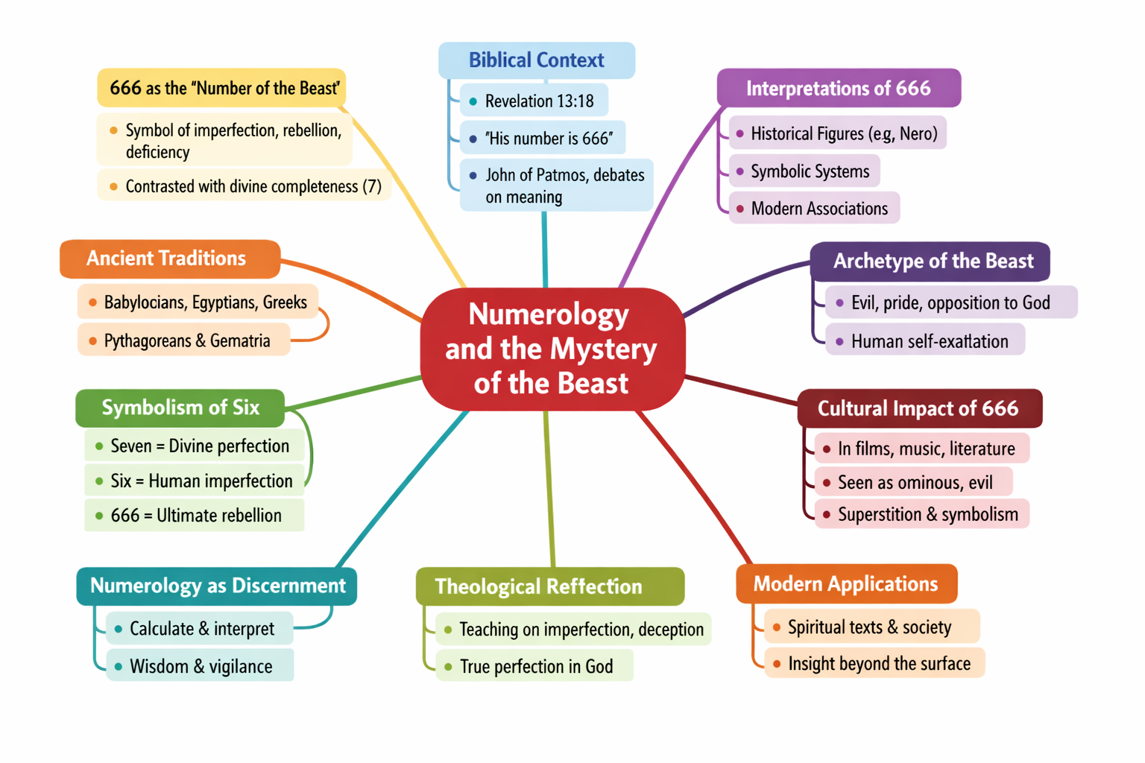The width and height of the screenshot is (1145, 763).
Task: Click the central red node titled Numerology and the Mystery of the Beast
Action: tap(552, 349)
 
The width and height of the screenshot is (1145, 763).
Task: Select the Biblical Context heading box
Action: tap(536, 60)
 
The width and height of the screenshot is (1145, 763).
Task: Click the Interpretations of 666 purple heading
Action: tap(838, 89)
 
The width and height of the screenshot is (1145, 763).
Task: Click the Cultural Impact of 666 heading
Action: tap(918, 408)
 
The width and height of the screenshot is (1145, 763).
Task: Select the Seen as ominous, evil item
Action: tap(914, 483)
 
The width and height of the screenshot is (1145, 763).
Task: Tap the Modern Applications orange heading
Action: tap(845, 584)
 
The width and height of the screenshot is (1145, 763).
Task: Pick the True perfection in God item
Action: tap(535, 666)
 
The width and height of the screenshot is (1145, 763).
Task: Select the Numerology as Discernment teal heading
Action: tap(217, 586)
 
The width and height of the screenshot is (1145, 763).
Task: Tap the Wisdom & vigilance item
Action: tap(200, 666)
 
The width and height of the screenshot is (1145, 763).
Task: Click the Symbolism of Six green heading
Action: tap(180, 408)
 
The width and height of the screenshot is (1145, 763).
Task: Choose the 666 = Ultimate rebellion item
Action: tap(195, 516)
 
